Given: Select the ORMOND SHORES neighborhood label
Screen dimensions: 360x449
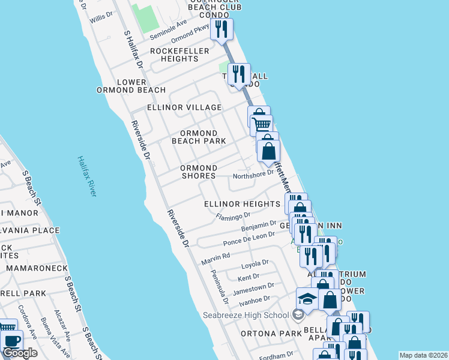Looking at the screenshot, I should tap(199, 172).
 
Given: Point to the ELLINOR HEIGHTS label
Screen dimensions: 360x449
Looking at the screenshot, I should tap(242, 204).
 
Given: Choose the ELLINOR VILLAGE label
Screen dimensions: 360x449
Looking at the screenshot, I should tap(184, 107).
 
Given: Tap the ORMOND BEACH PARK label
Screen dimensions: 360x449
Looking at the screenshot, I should tap(199, 137).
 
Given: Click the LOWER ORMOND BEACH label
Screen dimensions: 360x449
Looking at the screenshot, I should tap(131, 86).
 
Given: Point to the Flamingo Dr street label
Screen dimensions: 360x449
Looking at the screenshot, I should tap(233, 215).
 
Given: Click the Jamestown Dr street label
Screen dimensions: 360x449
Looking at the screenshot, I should tap(253, 288).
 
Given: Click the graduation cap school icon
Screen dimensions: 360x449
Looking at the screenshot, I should tap(307, 298).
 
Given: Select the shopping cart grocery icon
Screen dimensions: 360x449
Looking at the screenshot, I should tap(262, 124).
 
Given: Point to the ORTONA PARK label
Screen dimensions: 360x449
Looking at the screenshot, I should tap(262, 334).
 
